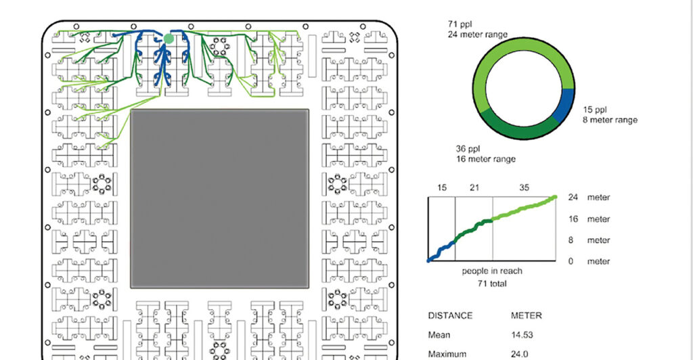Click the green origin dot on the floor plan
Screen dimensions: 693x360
169,39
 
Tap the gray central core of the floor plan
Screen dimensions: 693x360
220,199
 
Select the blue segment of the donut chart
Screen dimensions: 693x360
564,105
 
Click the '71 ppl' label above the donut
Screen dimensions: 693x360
460,24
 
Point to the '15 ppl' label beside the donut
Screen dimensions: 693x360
595,110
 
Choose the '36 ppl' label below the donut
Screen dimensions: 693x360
468,149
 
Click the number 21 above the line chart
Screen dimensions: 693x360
474,187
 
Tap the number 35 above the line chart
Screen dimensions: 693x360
524,187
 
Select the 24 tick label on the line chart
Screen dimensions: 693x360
573,198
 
